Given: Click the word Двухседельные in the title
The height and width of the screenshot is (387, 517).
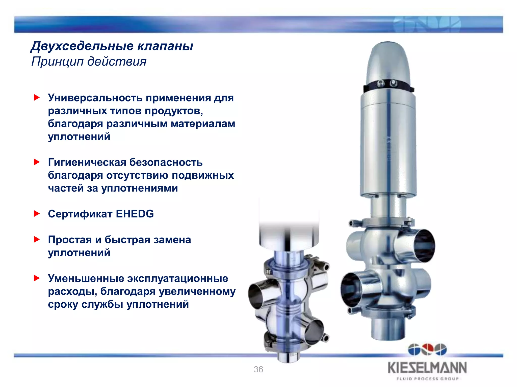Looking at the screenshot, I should pos(82,46).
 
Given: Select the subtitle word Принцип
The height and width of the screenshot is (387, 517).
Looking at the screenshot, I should pos(57,61).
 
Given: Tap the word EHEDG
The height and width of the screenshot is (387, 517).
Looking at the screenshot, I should pos(135,214).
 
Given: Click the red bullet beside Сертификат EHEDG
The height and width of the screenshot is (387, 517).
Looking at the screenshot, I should pos(37,214).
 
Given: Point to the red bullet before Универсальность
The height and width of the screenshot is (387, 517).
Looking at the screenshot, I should pos(37,98).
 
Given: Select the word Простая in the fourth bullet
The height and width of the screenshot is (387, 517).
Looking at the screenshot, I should pos(70,240).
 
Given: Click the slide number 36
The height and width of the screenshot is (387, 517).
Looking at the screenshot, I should pos(258,369).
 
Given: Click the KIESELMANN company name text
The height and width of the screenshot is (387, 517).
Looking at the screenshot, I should pos(427,368).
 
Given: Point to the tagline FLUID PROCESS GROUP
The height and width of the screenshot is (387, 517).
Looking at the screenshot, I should pos(427,379).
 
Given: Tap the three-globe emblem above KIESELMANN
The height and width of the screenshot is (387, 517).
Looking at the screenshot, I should pos(427,350).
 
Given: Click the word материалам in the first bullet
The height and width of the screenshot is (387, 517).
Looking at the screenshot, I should pos(203,124).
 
